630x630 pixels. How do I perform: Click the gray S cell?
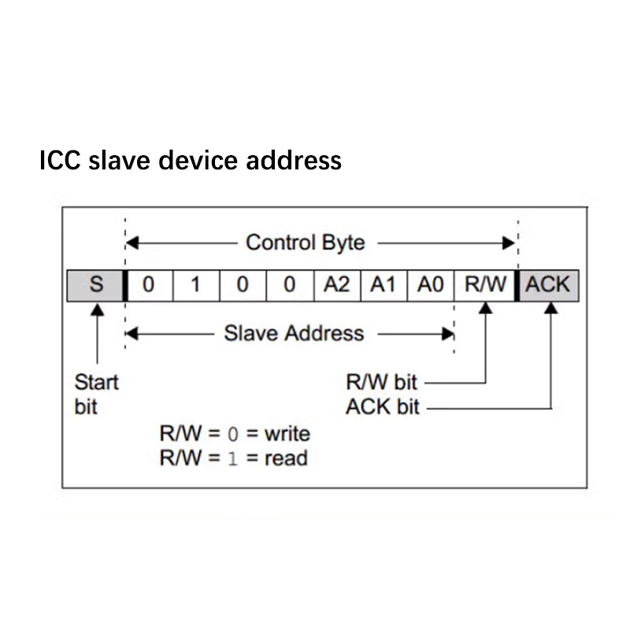click(x=96, y=284)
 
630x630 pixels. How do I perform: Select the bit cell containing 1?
click(x=195, y=284)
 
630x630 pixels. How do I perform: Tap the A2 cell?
click(x=336, y=284)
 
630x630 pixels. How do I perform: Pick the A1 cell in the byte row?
click(x=383, y=284)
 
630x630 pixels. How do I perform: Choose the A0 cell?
click(x=430, y=284)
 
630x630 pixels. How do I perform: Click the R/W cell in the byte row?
click(x=484, y=284)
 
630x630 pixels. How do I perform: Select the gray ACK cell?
click(x=548, y=284)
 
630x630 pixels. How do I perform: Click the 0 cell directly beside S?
click(x=148, y=284)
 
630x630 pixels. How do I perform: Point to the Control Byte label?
click(x=306, y=243)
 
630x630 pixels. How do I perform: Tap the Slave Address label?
click(x=294, y=333)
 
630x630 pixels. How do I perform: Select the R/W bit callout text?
click(x=381, y=383)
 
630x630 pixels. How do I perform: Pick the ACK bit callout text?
click(x=383, y=407)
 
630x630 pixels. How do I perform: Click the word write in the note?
click(x=287, y=433)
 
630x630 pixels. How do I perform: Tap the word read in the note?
click(x=285, y=458)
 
